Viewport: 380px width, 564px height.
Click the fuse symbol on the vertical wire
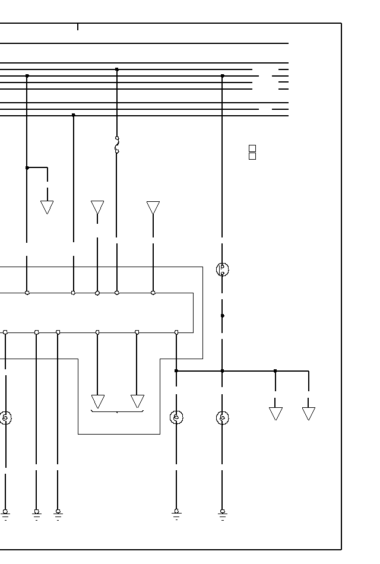point(117,145)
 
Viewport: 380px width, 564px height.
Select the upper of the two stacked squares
point(252,148)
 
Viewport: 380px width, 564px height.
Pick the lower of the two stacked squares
point(252,156)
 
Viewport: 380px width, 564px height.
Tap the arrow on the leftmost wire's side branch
point(47,207)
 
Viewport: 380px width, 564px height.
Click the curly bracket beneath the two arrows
point(117,411)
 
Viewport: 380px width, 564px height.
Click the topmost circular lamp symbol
point(222,269)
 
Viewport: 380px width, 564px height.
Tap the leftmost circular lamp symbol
point(5,417)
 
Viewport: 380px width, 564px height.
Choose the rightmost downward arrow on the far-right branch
point(308,413)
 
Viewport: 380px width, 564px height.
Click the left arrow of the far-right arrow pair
point(275,413)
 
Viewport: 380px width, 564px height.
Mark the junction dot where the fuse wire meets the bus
point(117,69)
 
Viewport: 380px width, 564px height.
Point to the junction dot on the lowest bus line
point(73,115)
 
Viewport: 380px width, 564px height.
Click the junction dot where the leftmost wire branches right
point(27,167)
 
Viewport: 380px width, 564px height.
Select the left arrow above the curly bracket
point(98,401)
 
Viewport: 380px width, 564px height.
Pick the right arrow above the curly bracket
point(137,401)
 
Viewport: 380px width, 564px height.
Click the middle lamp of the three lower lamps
point(176,417)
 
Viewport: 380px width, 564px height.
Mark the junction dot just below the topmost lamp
point(222,316)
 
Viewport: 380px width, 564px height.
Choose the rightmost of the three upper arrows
point(153,208)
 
